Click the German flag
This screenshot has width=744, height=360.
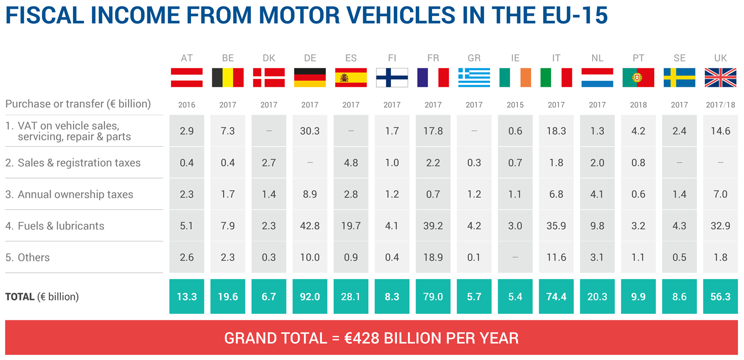310,77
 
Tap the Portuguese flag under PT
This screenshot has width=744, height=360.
638,77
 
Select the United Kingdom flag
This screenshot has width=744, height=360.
721,77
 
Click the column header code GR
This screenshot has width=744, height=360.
474,58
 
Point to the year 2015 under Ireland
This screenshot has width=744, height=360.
515,105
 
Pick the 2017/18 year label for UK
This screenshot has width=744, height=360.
721,105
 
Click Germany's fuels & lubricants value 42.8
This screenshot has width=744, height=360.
310,226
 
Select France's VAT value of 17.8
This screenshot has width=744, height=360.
433,131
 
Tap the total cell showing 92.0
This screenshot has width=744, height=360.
310,297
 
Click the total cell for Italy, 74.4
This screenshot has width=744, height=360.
557,297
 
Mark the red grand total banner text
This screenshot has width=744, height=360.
372,338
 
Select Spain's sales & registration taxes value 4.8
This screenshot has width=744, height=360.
351,163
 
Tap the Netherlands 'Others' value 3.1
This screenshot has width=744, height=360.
597,257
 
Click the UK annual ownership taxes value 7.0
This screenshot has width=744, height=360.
721,194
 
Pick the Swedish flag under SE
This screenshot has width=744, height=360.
680,77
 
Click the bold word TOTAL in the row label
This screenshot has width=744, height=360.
20,297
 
